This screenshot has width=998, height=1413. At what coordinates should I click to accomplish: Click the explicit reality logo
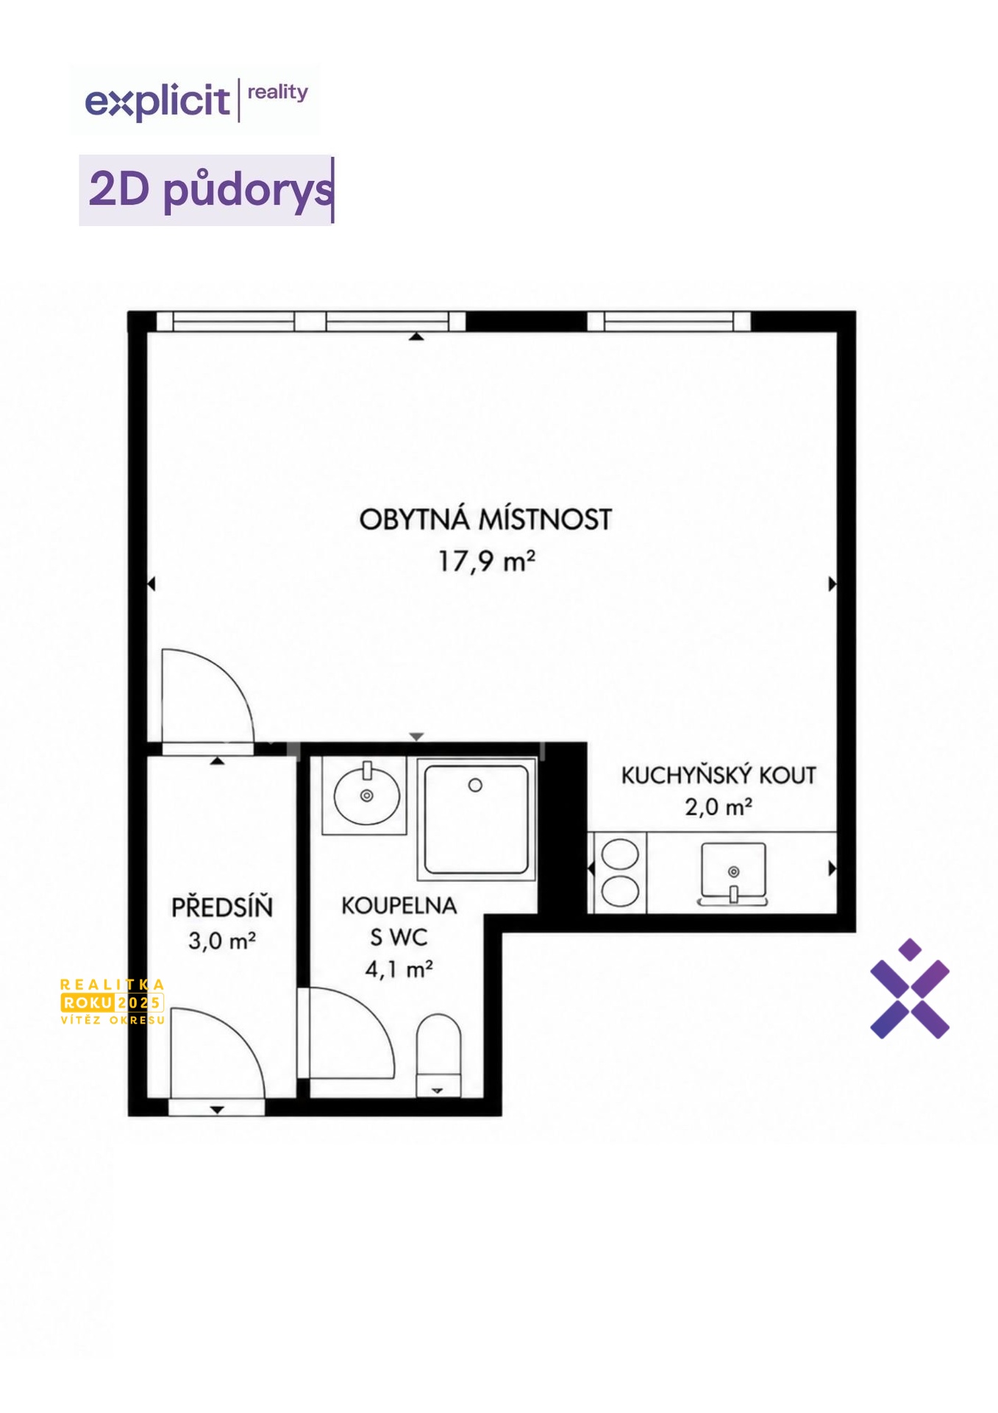click(196, 100)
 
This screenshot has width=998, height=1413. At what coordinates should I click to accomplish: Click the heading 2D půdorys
click(210, 190)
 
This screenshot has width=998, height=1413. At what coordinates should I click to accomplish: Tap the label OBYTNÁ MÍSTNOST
click(485, 520)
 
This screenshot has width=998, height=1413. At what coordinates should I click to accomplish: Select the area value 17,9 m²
click(486, 562)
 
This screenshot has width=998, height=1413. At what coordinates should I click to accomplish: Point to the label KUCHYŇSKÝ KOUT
click(719, 775)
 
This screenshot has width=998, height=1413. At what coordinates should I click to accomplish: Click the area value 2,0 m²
click(719, 807)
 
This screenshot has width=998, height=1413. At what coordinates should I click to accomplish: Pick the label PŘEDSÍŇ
click(222, 906)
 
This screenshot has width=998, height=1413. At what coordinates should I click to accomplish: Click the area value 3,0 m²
click(222, 941)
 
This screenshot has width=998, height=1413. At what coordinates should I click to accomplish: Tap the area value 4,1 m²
click(399, 969)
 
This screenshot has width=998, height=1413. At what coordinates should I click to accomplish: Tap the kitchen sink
click(733, 873)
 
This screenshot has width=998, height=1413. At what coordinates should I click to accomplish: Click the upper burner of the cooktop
click(620, 854)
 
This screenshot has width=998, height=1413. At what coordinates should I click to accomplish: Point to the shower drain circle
click(475, 785)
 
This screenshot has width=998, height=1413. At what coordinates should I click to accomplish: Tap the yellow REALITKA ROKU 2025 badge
click(113, 1002)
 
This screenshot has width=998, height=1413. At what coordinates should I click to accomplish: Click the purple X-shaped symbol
click(910, 988)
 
